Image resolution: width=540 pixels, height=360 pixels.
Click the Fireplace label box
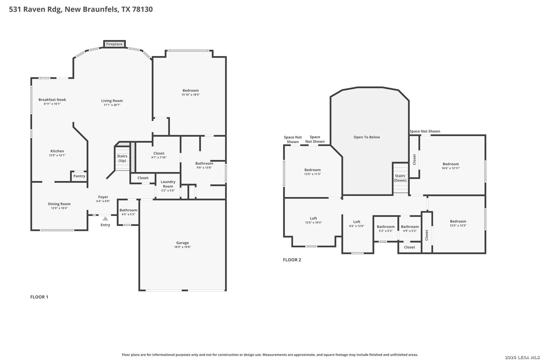click(x=115, y=44)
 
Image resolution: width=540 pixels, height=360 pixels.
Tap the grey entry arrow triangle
click(x=105, y=219)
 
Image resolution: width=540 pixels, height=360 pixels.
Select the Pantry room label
click(x=79, y=176)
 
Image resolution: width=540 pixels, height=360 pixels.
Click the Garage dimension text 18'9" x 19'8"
click(x=182, y=247)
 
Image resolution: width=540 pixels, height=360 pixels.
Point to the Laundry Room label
click(x=168, y=184)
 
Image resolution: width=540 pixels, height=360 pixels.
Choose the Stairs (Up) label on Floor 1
click(x=122, y=158)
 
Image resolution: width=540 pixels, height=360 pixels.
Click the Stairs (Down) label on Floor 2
click(x=400, y=178)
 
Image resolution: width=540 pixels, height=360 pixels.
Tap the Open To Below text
click(x=367, y=137)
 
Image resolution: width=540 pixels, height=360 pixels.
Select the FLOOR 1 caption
click(x=39, y=297)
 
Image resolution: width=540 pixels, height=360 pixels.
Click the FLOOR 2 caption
click(x=292, y=260)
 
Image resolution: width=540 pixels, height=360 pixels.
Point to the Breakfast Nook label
click(x=52, y=100)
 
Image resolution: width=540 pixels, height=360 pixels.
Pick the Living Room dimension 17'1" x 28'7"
click(x=112, y=105)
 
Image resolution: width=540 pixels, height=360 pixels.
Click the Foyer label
click(x=103, y=197)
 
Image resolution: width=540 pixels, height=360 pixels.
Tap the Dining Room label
click(x=59, y=204)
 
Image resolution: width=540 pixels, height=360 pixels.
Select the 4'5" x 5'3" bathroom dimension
click(x=128, y=214)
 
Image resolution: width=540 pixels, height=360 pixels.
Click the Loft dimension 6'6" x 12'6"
click(x=357, y=226)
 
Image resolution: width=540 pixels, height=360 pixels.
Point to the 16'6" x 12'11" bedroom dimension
click(x=451, y=168)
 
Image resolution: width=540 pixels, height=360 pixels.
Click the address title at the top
click(x=81, y=9)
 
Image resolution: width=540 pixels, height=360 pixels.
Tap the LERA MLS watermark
click(x=522, y=357)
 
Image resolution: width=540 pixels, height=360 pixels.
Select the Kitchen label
click(x=57, y=151)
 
